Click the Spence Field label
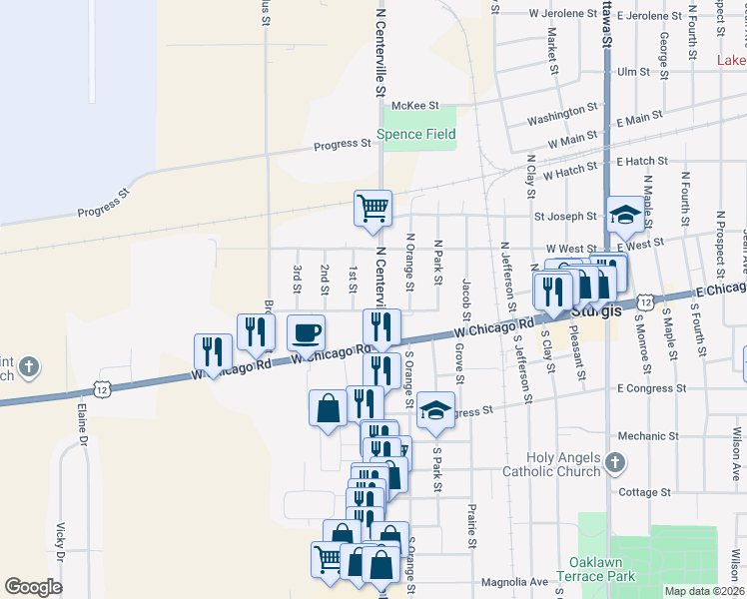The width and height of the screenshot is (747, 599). click(415, 134)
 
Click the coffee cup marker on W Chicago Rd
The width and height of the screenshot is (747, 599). click(306, 330)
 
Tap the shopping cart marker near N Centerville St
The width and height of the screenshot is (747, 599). click(373, 208)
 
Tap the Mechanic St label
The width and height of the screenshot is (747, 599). click(647, 435)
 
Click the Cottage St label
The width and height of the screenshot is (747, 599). click(644, 492)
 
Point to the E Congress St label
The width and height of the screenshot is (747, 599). click(651, 387)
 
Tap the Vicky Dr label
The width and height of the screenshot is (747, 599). click(61, 541)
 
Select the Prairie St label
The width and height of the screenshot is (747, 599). click(470, 526)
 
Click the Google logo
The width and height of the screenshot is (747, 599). click(34, 587)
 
